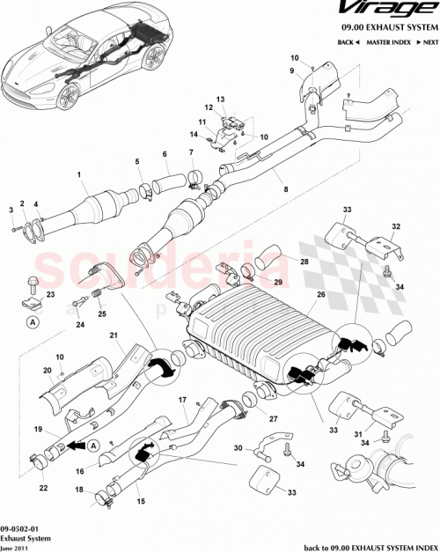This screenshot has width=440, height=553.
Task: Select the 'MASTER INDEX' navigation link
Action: coord(390,42)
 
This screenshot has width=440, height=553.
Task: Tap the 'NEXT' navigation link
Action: coord(428,42)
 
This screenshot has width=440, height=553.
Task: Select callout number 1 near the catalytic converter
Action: coord(78,174)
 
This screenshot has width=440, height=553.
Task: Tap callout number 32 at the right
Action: coord(395,226)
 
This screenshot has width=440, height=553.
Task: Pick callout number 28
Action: coord(304,262)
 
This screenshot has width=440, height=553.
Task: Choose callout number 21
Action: coord(113,335)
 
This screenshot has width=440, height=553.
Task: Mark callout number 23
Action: coord(50,294)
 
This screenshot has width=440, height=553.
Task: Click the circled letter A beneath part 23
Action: coord(32,323)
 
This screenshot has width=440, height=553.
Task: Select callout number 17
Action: coord(184,401)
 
